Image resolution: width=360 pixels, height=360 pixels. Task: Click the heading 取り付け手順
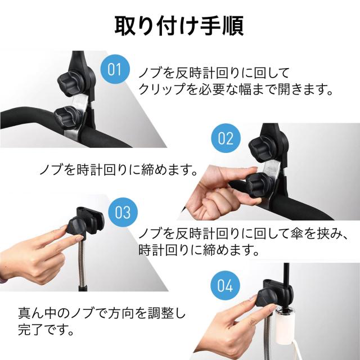click(x=179, y=25)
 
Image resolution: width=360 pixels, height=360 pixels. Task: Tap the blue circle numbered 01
click(x=115, y=69)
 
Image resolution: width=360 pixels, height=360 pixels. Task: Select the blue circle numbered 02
click(x=226, y=138)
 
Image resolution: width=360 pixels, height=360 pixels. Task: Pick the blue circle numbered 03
click(x=123, y=213)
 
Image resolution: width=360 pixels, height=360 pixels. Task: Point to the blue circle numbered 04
click(x=225, y=285)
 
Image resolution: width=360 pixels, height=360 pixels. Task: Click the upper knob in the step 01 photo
click(x=70, y=83)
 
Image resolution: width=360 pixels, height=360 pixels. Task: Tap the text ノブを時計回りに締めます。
click(x=119, y=170)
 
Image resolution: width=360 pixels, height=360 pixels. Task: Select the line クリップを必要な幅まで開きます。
click(x=236, y=89)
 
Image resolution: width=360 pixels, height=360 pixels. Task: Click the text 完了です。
click(x=46, y=330)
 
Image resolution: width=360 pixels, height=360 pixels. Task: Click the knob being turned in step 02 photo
click(x=260, y=184)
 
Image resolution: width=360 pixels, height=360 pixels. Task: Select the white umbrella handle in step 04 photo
click(x=285, y=326)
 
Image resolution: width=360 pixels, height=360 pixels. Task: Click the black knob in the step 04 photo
click(x=267, y=299)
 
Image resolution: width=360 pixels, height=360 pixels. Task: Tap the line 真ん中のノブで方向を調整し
click(x=102, y=313)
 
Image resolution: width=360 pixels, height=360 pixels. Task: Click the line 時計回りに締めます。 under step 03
click(x=199, y=250)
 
